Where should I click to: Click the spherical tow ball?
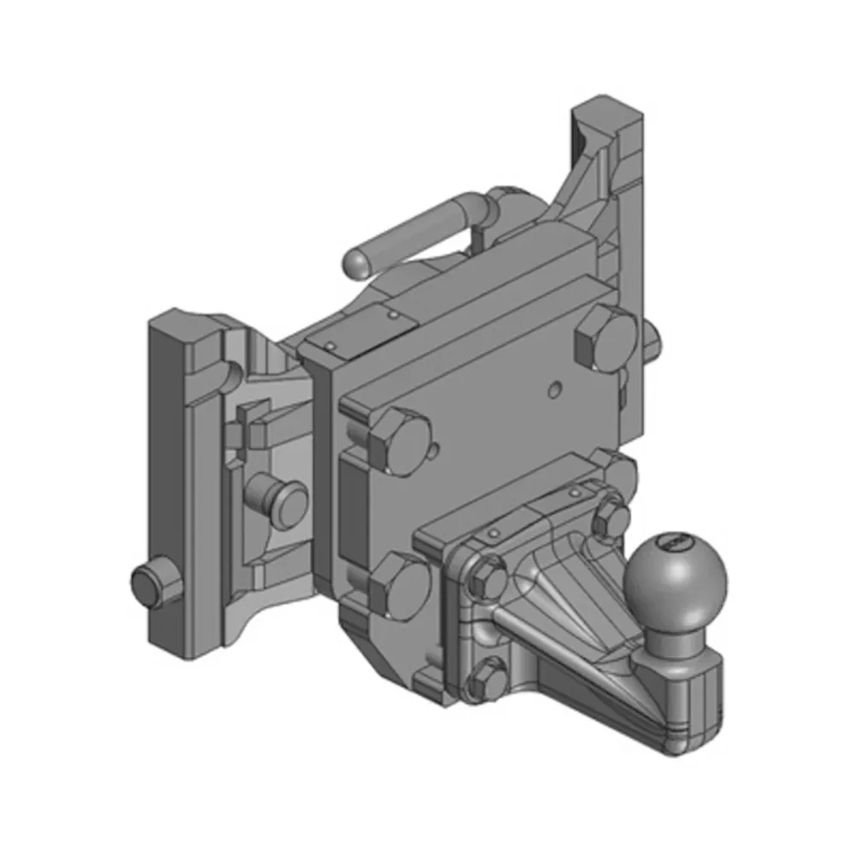pos(676,579)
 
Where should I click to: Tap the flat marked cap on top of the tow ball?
pos(675,541)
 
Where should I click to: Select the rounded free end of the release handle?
pos(356,262)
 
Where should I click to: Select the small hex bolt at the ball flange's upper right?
pos(609,518)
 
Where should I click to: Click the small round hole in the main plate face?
pos(556,390)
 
